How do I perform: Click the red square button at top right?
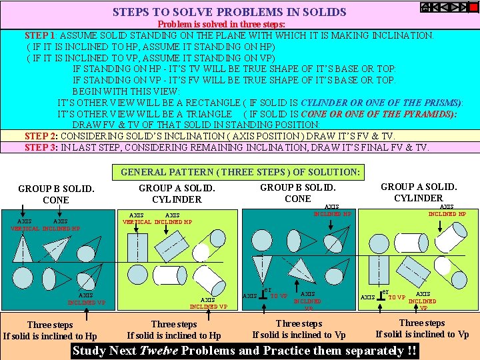pos(473,8)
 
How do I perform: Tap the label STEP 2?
pos(42,136)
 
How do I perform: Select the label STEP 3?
pos(42,147)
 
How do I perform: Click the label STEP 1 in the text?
pos(40,35)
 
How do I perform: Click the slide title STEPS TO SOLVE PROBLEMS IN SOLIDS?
pos(229,12)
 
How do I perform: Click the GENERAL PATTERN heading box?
pos(240,173)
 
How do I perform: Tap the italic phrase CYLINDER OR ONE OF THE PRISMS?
pos(381,103)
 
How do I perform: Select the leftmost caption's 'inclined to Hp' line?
pos(50,336)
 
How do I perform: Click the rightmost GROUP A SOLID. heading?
pos(418,187)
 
